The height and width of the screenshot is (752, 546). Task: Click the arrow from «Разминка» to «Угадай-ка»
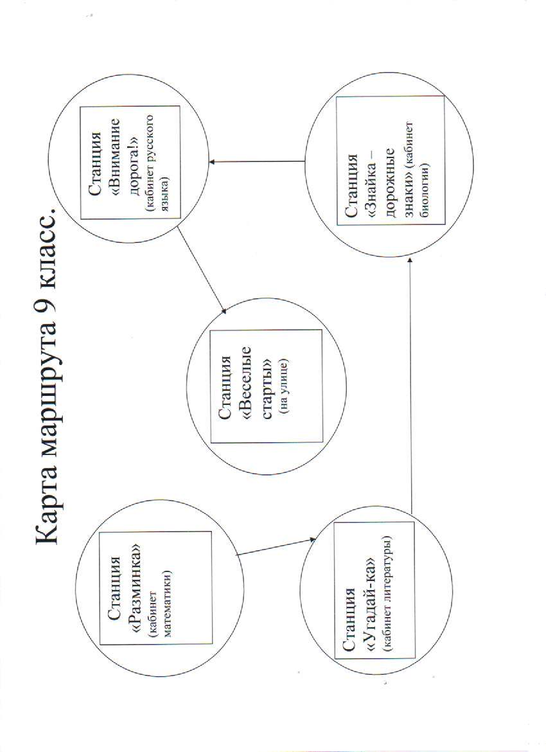coord(277,547)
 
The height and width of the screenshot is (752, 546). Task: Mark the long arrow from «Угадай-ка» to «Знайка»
coord(411,384)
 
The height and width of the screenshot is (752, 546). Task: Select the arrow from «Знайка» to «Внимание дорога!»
coord(257,161)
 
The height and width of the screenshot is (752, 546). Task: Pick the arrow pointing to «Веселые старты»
coord(201,272)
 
